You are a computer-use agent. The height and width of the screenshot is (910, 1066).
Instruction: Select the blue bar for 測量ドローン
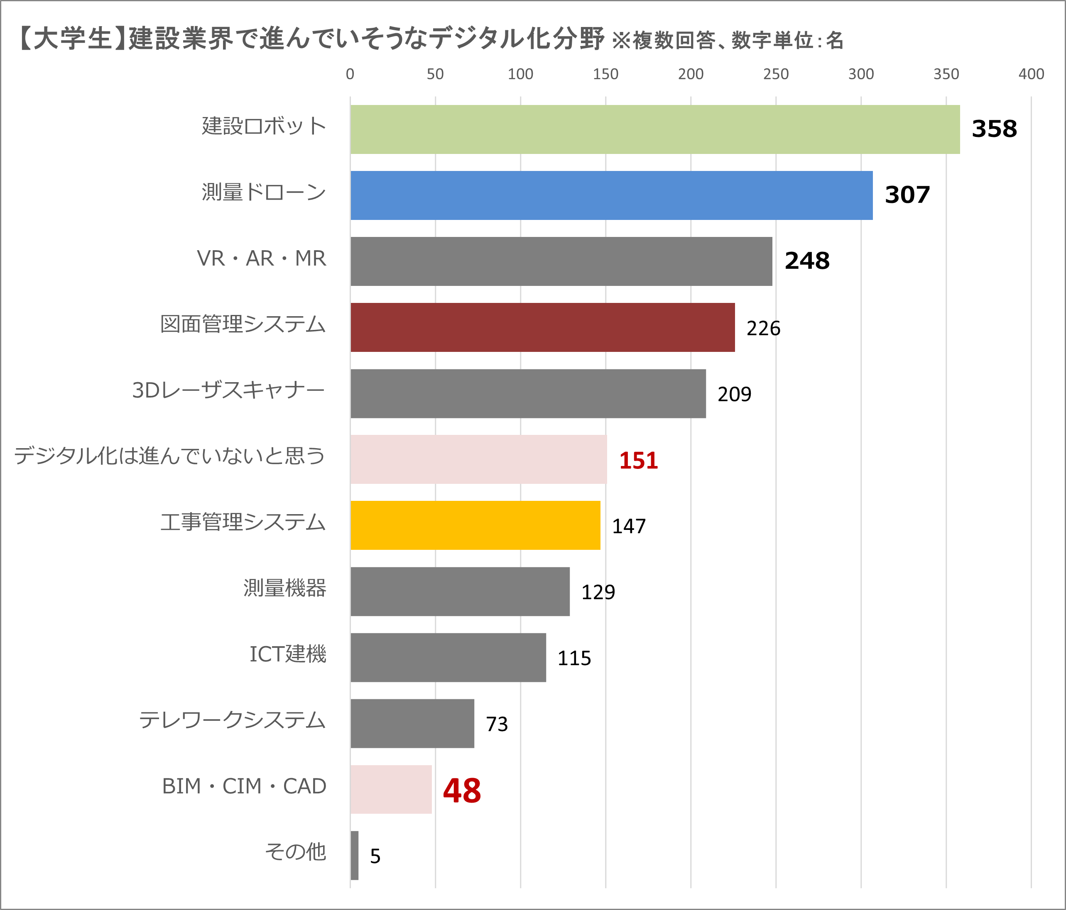[x=611, y=195]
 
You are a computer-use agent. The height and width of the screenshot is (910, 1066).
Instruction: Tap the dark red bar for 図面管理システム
[x=542, y=327]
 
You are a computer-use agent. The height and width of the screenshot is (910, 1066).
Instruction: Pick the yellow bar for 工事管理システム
[x=475, y=525]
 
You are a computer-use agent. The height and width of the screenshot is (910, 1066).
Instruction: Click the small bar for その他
[x=355, y=856]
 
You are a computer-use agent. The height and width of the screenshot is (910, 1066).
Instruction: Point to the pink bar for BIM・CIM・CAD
[x=391, y=789]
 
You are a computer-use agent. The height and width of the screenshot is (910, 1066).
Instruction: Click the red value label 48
[x=461, y=791]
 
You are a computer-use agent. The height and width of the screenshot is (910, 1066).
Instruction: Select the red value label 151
[x=638, y=460]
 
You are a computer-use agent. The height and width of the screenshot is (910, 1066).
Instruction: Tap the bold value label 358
[x=994, y=129]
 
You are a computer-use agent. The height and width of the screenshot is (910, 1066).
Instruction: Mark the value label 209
[x=734, y=394]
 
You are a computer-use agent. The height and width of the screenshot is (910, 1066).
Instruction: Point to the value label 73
[x=497, y=724]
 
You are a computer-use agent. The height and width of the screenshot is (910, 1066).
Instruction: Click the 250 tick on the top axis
[x=775, y=74]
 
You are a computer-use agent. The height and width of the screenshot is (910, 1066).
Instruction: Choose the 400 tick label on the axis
[x=1031, y=74]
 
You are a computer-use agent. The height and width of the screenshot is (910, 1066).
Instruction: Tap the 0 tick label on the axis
[x=350, y=74]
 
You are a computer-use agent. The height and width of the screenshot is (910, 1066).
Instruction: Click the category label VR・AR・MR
[x=261, y=258]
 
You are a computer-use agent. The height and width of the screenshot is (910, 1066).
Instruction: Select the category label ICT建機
[x=288, y=654]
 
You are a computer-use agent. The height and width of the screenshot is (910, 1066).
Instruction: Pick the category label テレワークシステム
[x=232, y=720]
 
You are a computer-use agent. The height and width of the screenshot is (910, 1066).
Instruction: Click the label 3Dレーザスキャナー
[x=228, y=390]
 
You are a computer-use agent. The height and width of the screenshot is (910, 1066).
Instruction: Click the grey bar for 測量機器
[x=460, y=591]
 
